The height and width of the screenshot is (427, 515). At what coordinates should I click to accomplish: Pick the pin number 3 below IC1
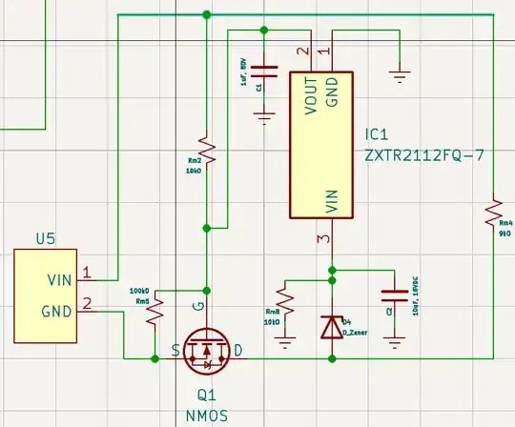point(322,238)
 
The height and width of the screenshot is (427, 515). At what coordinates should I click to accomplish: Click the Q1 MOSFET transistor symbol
point(207,350)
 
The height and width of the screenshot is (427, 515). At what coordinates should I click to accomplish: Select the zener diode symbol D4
point(331,326)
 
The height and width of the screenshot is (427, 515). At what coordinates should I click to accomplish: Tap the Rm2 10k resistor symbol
point(207,149)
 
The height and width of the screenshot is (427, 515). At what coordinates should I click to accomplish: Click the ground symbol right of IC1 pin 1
point(400,71)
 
